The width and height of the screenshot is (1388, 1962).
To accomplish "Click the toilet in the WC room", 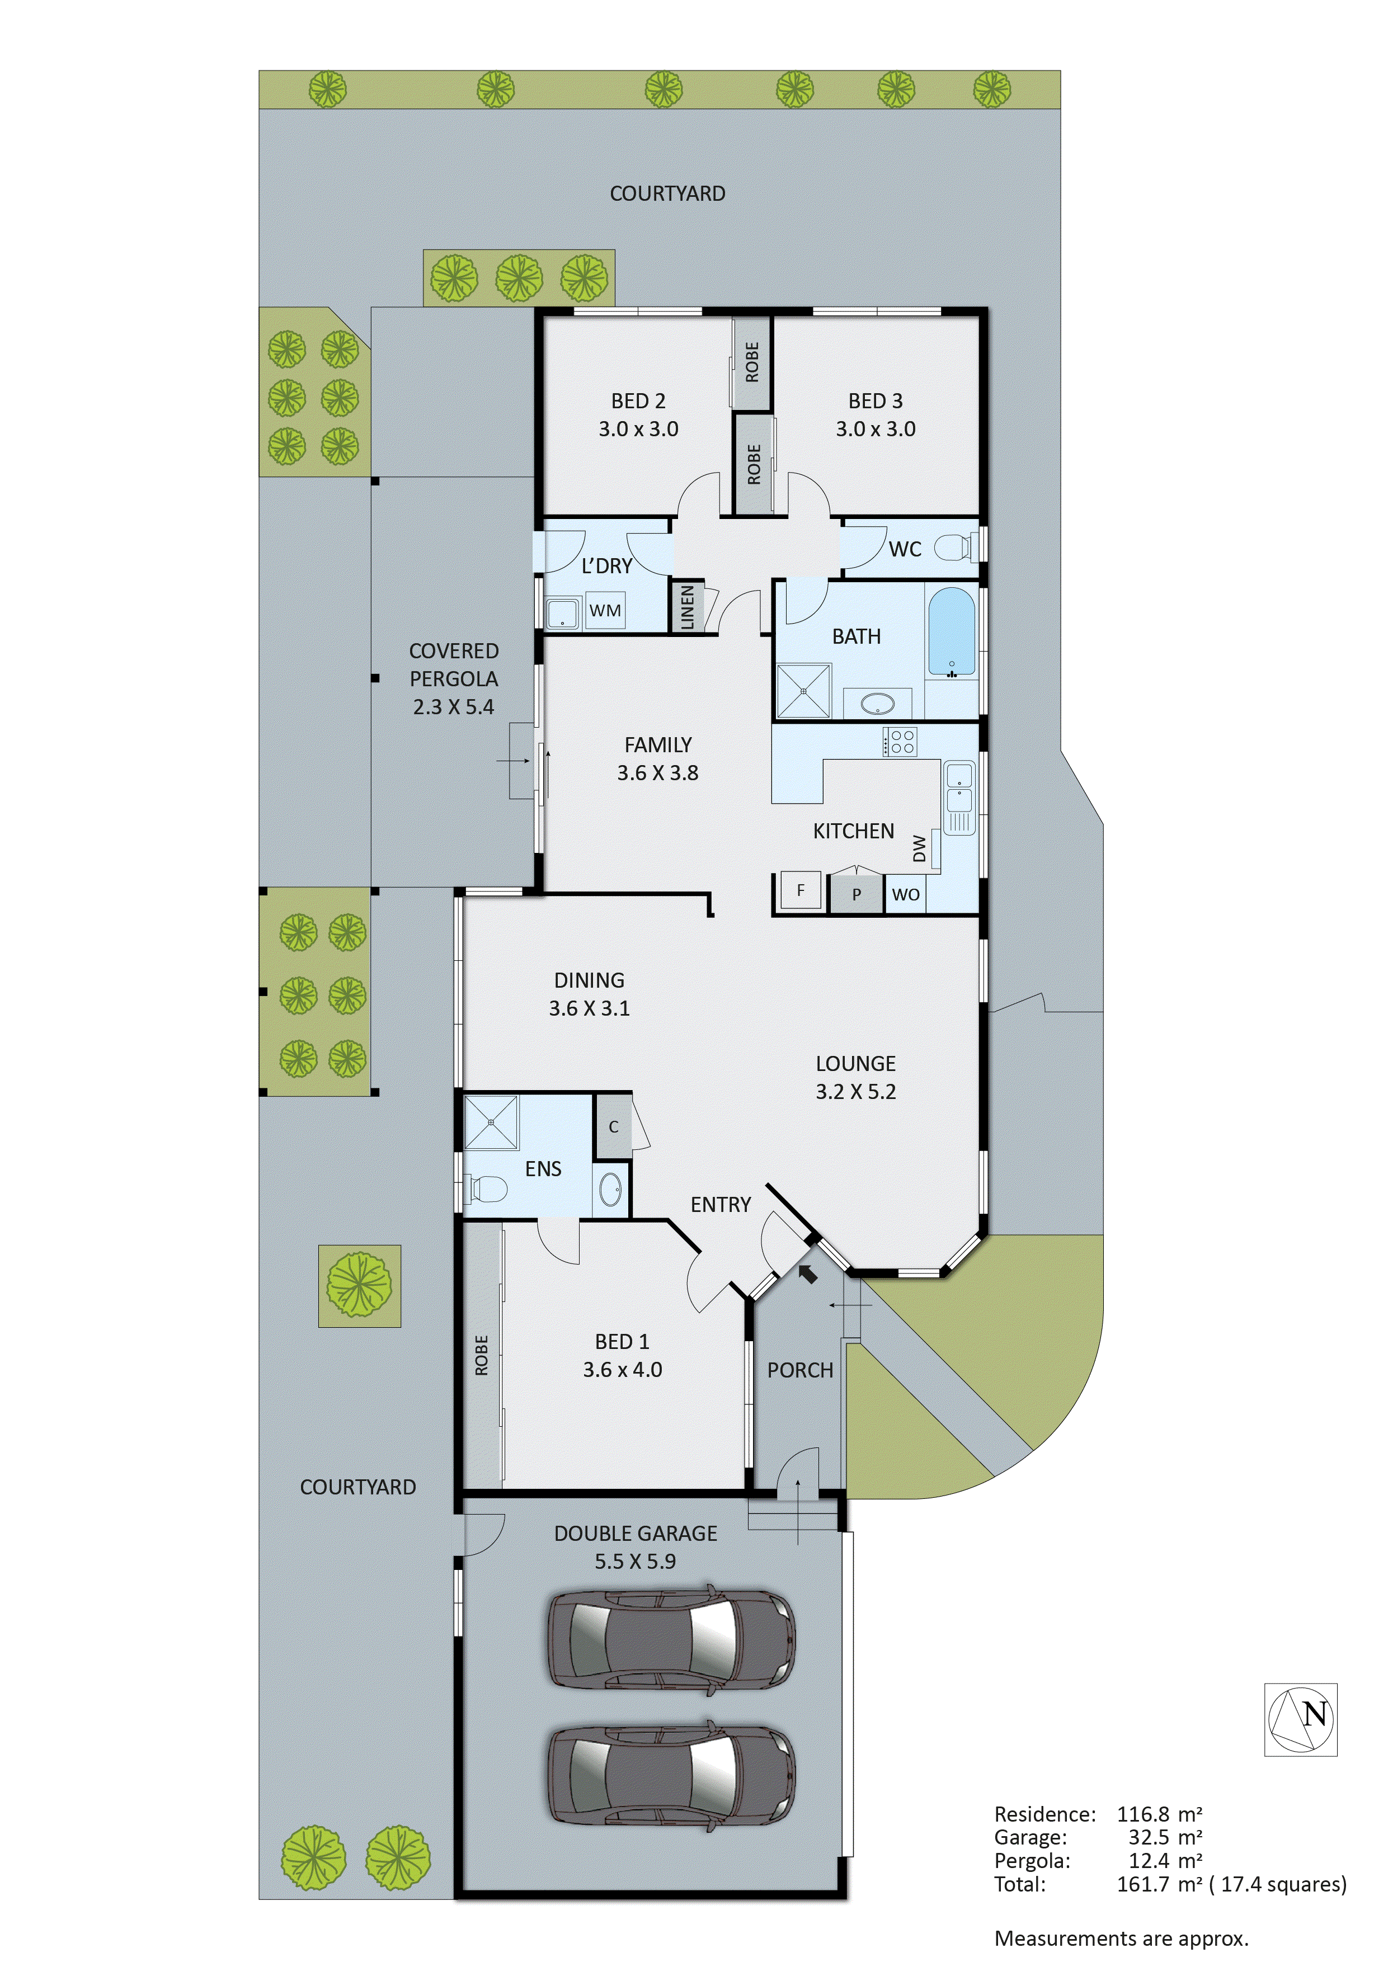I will coord(954,547).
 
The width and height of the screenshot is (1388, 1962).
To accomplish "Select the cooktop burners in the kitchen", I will coord(901,741).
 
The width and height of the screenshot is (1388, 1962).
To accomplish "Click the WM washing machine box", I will coord(605,610).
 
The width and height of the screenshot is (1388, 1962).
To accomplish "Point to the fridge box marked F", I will coord(800,890).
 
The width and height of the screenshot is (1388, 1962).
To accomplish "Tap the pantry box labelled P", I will coord(855,894).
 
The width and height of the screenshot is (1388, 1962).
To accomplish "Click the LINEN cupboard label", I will coord(687,607).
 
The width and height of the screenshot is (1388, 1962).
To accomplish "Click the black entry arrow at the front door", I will coord(807,1274).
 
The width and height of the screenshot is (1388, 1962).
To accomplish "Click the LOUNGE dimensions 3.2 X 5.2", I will coord(855,1091).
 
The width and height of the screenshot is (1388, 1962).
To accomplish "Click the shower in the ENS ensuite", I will coord(491,1122).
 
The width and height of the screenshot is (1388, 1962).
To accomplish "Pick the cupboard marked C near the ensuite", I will coord(613,1127).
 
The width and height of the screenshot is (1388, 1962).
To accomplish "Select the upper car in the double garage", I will coord(671,1639).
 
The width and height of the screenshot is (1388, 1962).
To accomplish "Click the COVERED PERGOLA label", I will coord(454,664).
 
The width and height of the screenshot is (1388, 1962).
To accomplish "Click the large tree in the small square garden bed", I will coord(359,1284).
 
